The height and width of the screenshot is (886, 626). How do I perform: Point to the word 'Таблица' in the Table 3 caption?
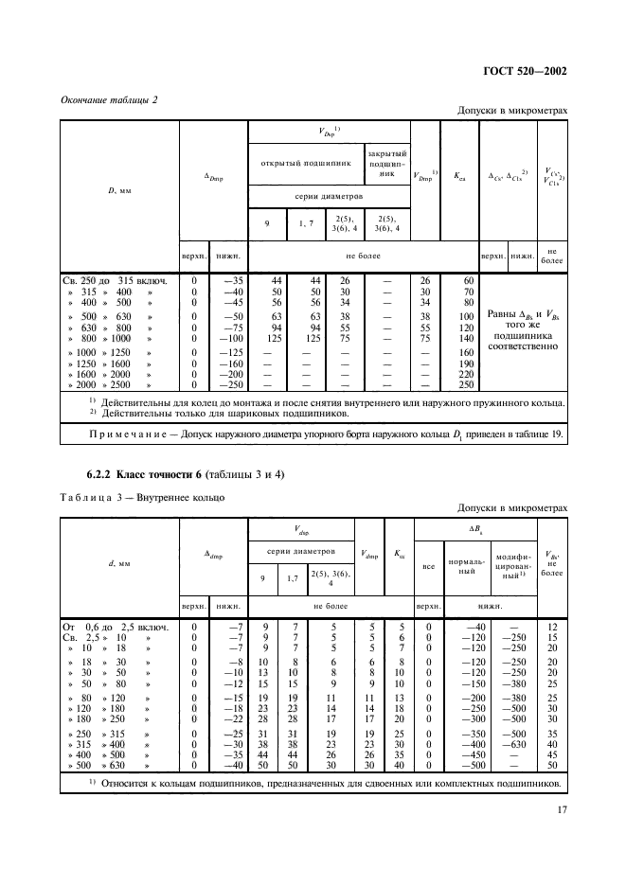point(88,496)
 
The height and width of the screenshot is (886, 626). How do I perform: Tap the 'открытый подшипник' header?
point(306,162)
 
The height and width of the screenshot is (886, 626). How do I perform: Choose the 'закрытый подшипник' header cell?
point(386,162)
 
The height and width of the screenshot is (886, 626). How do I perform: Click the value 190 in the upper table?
point(464,363)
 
